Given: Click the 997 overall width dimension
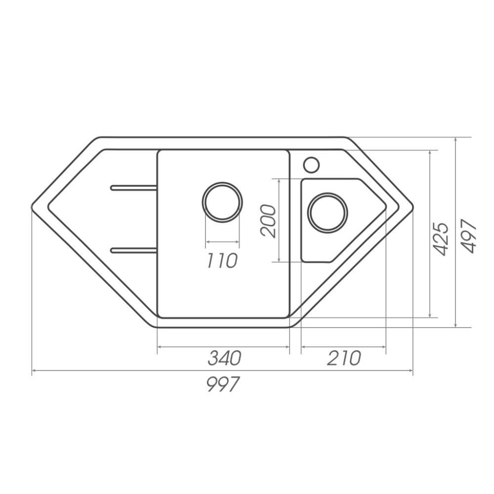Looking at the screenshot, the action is (x=223, y=384).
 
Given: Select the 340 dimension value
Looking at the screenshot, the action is (x=224, y=358).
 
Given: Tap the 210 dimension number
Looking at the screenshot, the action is (x=344, y=358).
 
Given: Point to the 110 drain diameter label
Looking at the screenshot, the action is (x=222, y=260).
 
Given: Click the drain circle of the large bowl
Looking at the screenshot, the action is (x=222, y=202).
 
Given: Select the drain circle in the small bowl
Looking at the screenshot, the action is (x=328, y=212).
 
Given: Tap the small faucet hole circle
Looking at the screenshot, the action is (x=311, y=165).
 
